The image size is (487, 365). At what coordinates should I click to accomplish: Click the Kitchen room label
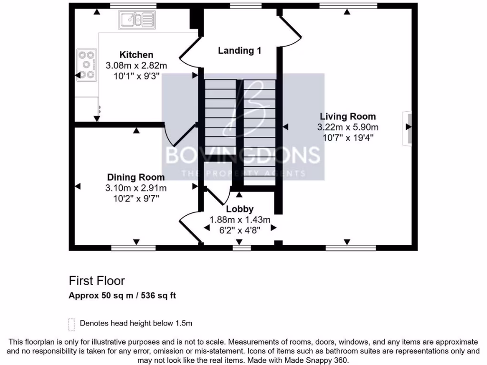pos(136,55)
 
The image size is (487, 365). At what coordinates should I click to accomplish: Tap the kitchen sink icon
pos(137,20)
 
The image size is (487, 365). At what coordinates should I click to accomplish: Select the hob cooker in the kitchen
pos(87,65)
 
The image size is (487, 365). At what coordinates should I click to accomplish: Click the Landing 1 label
pos(239,50)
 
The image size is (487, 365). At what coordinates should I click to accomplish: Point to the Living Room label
pos(348,116)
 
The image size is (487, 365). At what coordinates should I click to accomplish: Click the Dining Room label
pos(136,177)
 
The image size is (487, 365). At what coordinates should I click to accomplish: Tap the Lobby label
pos(240,209)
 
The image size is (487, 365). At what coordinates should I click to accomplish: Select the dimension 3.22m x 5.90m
pos(348,127)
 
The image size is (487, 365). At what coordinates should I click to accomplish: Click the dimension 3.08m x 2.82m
pos(136,65)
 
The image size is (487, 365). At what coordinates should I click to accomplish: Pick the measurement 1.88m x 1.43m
pos(240,220)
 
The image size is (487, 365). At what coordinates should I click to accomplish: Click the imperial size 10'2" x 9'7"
pos(136,198)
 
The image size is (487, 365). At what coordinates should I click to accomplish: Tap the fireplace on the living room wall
pos(407,127)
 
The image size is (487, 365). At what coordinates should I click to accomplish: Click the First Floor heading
pos(97,280)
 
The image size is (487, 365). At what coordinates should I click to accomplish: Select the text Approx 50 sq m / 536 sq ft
pos(123,295)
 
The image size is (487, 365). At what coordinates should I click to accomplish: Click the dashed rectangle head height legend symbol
pos(72,324)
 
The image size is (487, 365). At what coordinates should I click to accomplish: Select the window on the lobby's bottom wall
pos(242,247)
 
